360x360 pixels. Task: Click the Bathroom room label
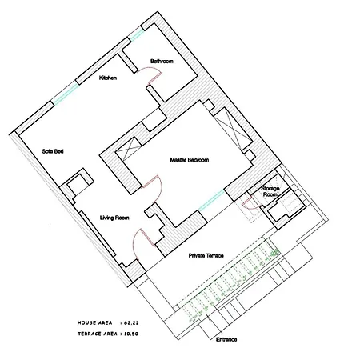(x=162, y=61)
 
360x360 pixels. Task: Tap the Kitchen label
(x=109, y=78)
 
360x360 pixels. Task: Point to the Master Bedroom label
(x=190, y=160)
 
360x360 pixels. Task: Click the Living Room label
(x=115, y=217)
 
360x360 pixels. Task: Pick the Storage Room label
(x=270, y=190)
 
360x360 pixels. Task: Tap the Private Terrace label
(x=206, y=255)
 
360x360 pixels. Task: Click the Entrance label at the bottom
(x=227, y=339)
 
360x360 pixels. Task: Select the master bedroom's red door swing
(x=155, y=186)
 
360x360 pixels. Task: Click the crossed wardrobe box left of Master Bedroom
(x=127, y=152)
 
